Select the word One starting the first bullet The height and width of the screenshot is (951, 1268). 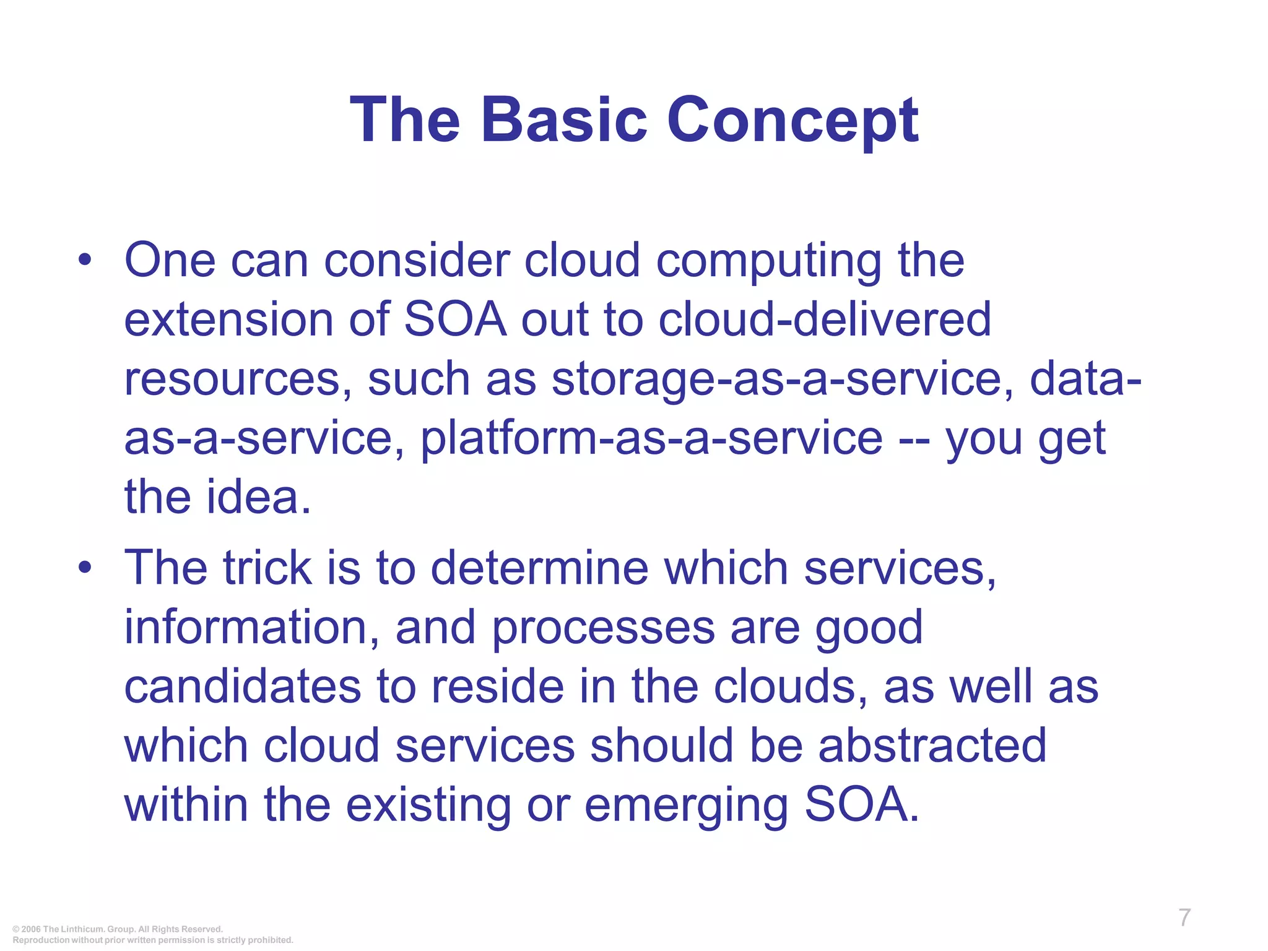point(170,260)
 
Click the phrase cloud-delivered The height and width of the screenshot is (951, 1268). point(824,319)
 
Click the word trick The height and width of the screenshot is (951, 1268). point(267,568)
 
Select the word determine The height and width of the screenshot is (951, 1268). point(539,568)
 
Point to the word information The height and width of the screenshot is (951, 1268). point(251,627)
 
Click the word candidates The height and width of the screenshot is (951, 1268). point(242,687)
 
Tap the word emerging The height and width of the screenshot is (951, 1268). point(685,806)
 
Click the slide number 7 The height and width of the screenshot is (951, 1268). point(1184,918)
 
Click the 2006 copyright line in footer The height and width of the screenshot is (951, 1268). point(118,929)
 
